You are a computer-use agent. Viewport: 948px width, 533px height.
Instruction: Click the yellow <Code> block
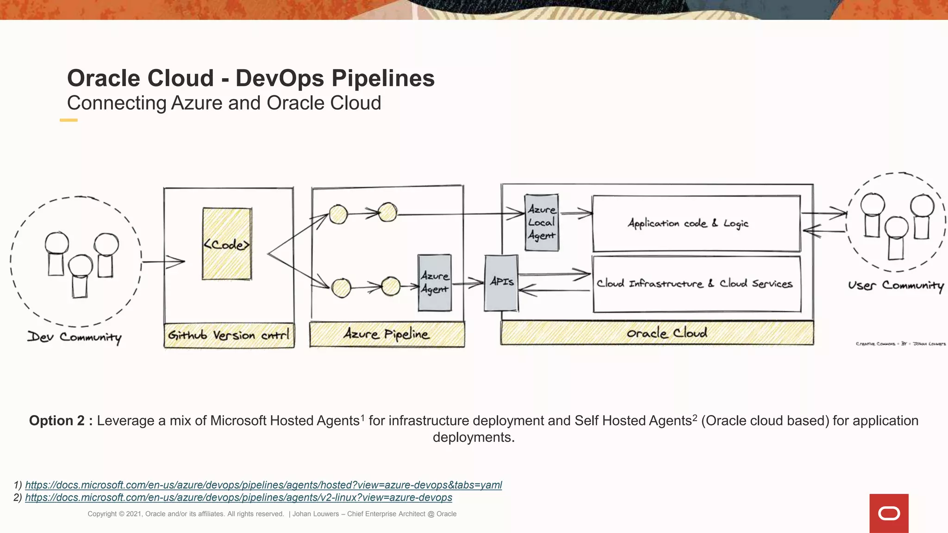coord(227,244)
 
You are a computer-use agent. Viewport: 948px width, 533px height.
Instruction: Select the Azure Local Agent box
coord(541,223)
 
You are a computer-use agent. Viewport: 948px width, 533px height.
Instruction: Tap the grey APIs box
coord(501,282)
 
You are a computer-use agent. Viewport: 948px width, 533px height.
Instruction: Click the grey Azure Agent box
coord(434,282)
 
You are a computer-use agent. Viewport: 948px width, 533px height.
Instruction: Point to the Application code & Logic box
coord(696,223)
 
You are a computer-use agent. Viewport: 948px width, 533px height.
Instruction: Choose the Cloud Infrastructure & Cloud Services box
coord(696,284)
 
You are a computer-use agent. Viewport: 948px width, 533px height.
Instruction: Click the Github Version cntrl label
coord(229,335)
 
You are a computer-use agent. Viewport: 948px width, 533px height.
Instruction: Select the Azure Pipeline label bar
coord(387,334)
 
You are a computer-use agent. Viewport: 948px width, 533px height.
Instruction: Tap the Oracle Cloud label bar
coord(657,333)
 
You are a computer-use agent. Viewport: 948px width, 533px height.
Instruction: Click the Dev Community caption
coord(75,337)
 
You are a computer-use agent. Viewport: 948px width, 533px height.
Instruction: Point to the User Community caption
coord(895,285)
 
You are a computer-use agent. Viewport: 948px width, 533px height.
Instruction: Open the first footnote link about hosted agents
coord(263,485)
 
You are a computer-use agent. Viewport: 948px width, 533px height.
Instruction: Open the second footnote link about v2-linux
coord(238,497)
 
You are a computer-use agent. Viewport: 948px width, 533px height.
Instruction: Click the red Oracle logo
coord(889,513)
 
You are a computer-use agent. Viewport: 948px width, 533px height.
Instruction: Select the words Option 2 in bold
coord(57,421)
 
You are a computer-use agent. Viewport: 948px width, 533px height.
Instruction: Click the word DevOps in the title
coord(280,78)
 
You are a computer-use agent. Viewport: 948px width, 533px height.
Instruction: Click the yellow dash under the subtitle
coord(69,120)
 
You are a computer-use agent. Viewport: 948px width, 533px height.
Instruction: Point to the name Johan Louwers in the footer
coord(315,514)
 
